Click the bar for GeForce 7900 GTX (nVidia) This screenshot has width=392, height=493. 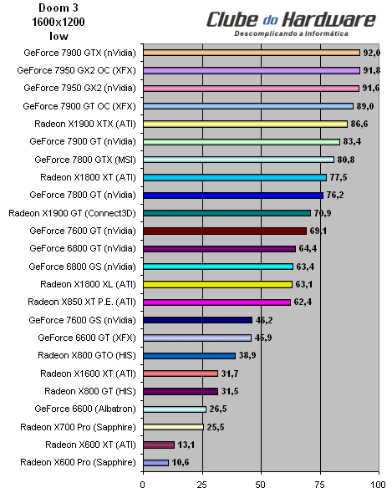coord(251,52)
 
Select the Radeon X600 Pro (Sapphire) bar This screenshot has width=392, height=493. coord(155,462)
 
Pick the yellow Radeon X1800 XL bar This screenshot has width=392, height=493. coord(217,284)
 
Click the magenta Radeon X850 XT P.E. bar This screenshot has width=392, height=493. coord(216,302)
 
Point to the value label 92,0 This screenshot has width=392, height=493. coord(371,52)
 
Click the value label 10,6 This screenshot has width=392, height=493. coord(180,462)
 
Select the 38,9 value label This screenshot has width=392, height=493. coord(247,355)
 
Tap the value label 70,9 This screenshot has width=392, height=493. coord(322,213)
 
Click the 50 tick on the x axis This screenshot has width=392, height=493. coord(262,484)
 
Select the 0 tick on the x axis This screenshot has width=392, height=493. coord(143,484)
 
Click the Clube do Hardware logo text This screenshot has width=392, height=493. coord(292,18)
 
